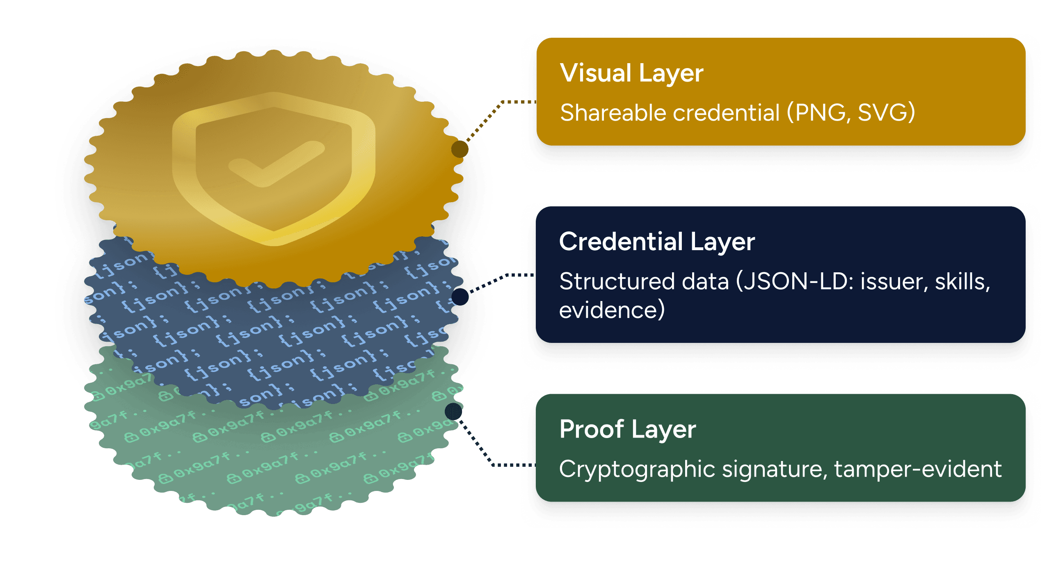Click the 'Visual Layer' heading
point(632,74)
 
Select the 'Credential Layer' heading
point(657,242)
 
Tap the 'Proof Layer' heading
point(628,429)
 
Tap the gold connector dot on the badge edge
point(460,149)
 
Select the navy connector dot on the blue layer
point(460,297)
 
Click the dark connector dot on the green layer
point(453,411)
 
